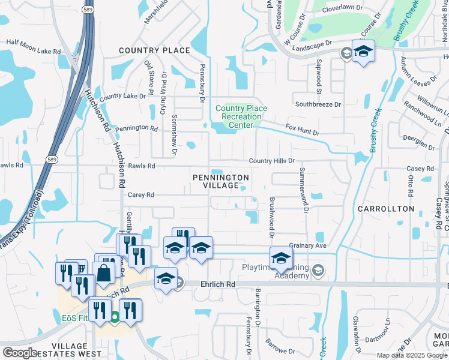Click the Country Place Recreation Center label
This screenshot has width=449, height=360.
241,116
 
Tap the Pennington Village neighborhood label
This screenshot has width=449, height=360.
221,182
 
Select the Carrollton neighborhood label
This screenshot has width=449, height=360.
386,209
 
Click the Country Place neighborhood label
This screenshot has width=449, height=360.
154,50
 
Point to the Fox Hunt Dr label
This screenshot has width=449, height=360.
303,130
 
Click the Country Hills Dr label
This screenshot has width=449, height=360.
272,161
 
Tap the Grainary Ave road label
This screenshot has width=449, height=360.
307,245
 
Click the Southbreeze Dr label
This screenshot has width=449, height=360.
318,104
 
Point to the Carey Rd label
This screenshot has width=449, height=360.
141,195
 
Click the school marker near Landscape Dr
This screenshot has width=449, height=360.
363,51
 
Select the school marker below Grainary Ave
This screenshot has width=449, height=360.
280,259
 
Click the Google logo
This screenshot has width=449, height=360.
20,353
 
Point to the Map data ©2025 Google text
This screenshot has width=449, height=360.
412,355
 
